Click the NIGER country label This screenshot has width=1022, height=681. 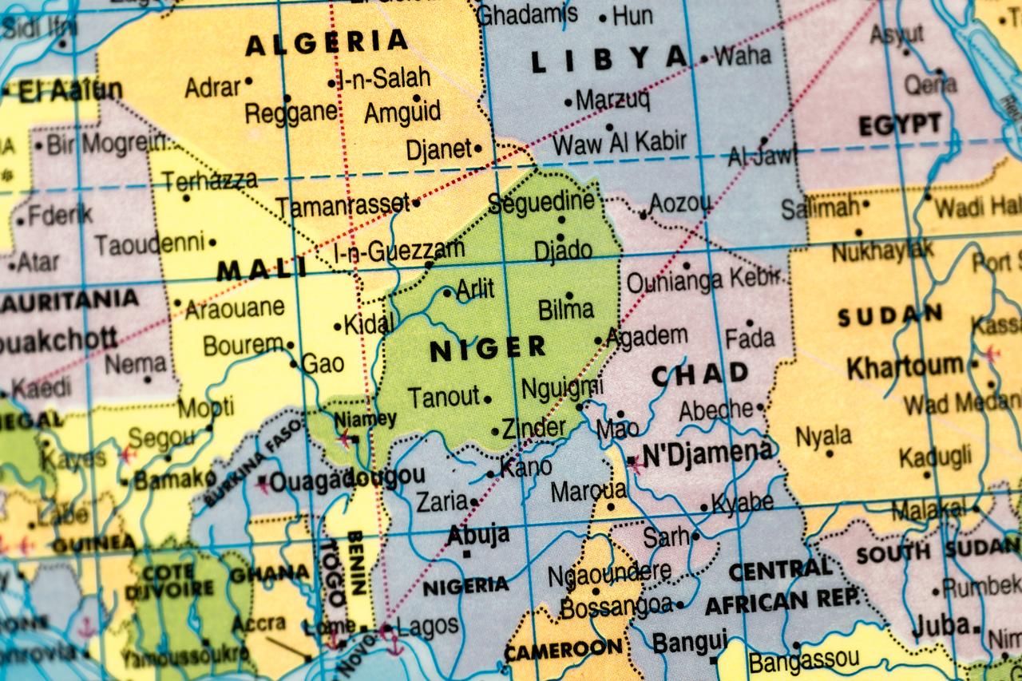[488, 348]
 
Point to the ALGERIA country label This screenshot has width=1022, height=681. [327, 42]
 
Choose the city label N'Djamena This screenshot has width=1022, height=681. [707, 453]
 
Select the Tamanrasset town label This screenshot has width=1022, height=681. [343, 206]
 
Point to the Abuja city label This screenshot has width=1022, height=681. [478, 534]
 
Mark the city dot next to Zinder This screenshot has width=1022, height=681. [495, 432]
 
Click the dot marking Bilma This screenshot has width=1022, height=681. [569, 295]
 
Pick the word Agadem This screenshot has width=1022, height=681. [647, 336]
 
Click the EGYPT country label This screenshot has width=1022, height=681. [899, 125]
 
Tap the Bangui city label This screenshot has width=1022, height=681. [690, 642]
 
